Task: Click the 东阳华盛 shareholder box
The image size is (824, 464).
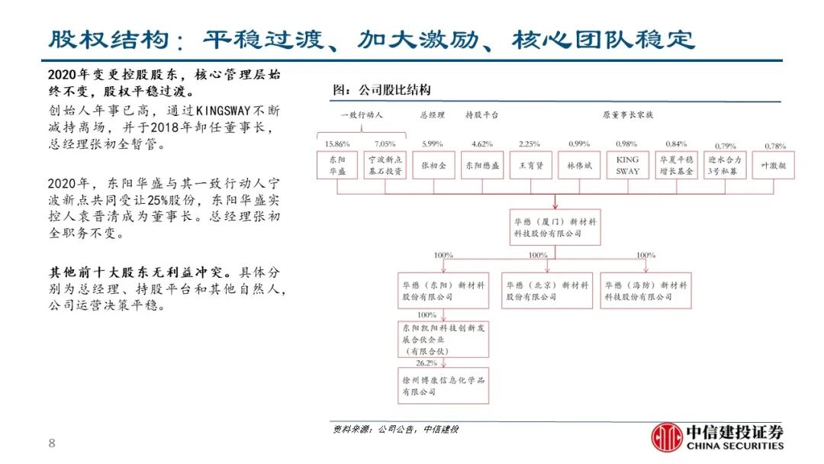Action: [336, 166]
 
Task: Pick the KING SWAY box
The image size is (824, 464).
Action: [627, 166]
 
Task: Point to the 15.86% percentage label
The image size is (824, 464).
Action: [336, 143]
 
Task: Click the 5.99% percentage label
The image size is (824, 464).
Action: [432, 143]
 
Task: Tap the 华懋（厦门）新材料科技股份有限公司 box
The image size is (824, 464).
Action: [555, 227]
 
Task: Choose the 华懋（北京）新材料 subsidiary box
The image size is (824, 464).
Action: [547, 291]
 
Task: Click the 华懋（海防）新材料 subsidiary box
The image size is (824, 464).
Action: [645, 291]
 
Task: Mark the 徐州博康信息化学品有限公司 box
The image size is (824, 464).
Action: [443, 385]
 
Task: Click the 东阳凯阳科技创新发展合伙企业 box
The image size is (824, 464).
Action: [443, 339]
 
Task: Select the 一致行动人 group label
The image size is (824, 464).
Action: [361, 115]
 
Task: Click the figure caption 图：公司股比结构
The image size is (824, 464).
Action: [382, 90]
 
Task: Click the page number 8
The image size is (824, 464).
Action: [52, 443]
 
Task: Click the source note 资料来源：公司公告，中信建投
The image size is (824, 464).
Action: [396, 429]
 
